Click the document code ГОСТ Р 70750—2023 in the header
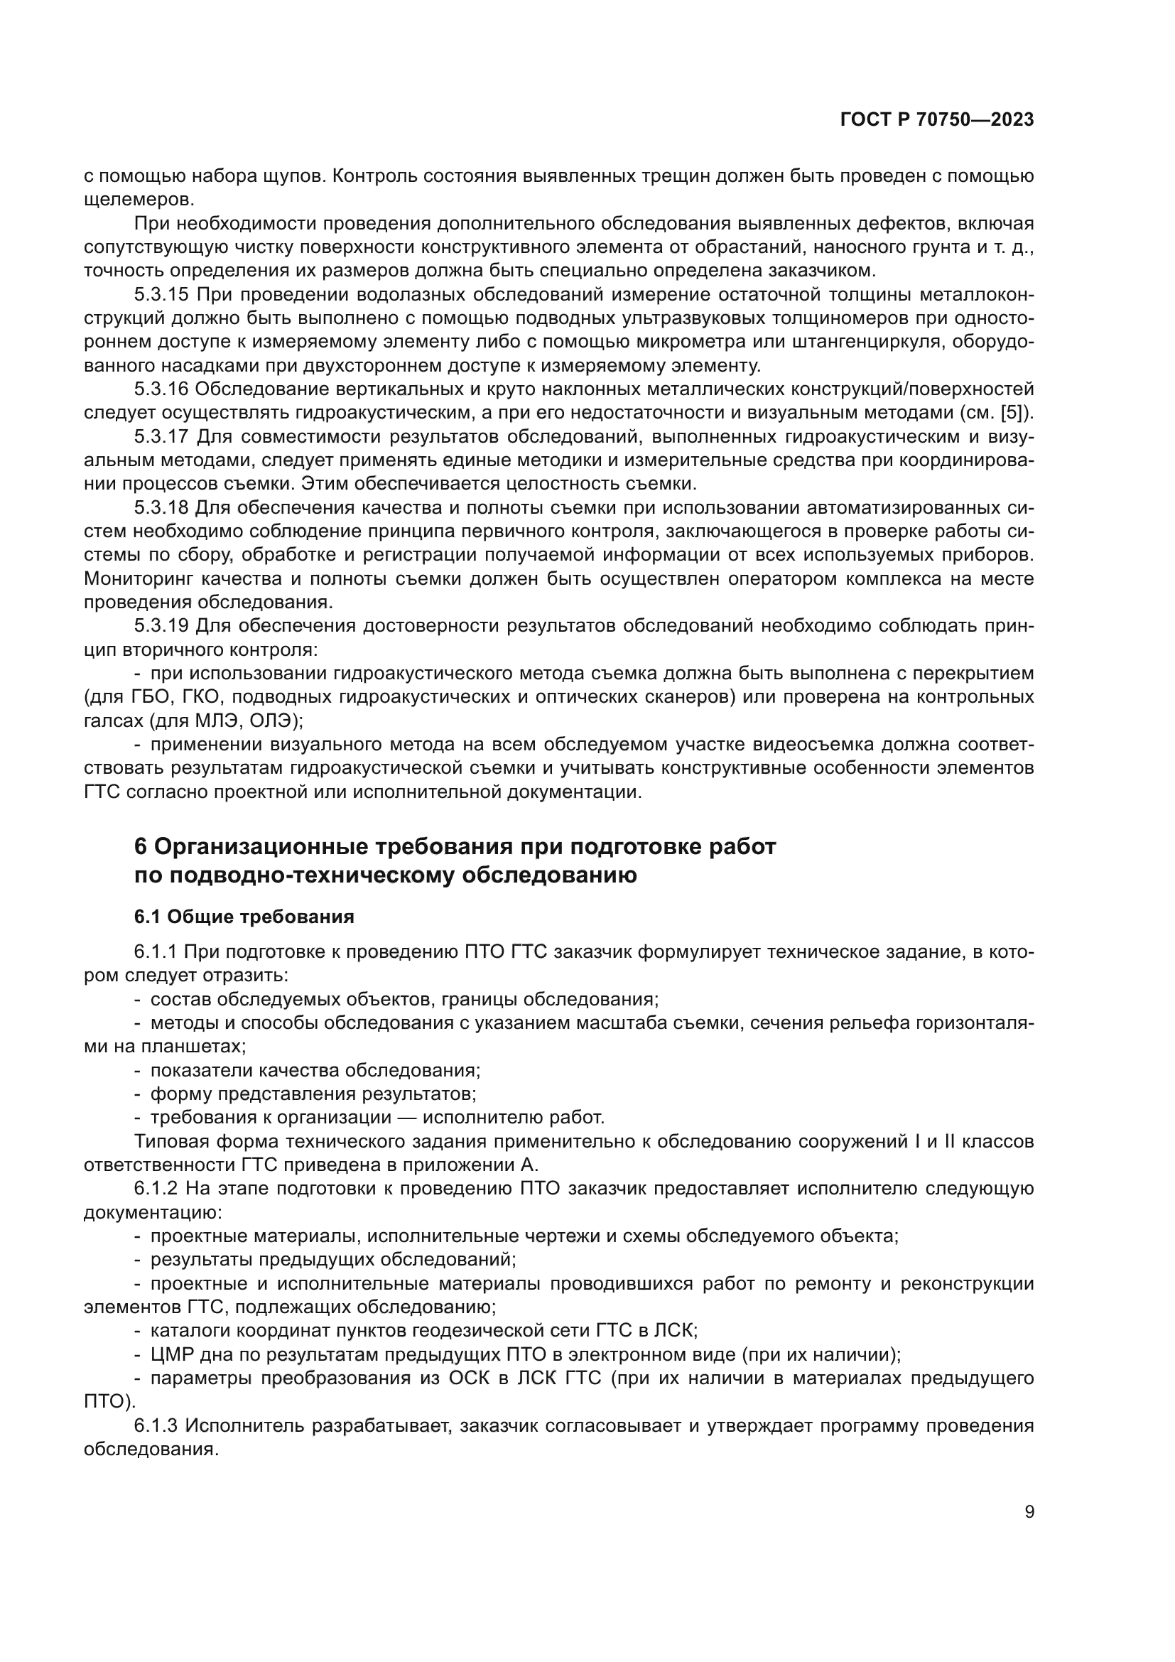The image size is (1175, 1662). (x=936, y=120)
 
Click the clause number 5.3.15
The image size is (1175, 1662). (x=161, y=296)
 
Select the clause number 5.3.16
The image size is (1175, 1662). (x=161, y=389)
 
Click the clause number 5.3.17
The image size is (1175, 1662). (x=161, y=437)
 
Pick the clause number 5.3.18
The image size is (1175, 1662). (x=161, y=508)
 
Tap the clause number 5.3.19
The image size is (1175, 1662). (x=161, y=626)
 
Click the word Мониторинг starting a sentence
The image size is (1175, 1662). (x=139, y=579)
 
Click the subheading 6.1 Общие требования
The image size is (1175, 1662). (x=244, y=917)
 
